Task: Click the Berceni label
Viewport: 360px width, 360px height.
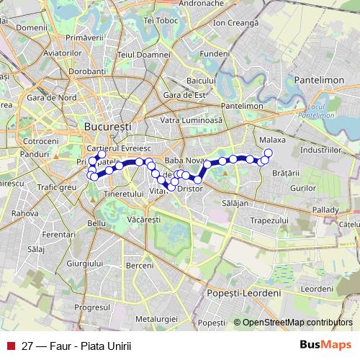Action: click(x=139, y=266)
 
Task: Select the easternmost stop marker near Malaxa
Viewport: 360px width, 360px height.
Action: click(x=269, y=153)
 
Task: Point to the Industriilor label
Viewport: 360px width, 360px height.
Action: click(x=320, y=150)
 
